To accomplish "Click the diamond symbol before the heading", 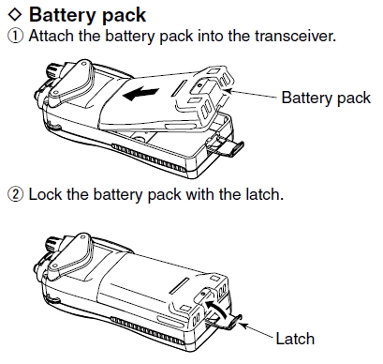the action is [15, 15].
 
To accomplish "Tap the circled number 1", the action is [15, 36].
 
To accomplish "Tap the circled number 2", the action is [15, 194].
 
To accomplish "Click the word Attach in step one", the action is [52, 36].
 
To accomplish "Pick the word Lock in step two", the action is [45, 194].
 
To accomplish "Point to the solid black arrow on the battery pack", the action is [140, 94].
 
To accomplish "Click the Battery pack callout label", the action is [326, 98].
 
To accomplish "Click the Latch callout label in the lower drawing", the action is [295, 339].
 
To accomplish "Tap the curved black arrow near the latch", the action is [215, 309].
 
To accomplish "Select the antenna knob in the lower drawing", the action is [54, 245].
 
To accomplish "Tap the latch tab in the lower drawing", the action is [226, 322].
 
